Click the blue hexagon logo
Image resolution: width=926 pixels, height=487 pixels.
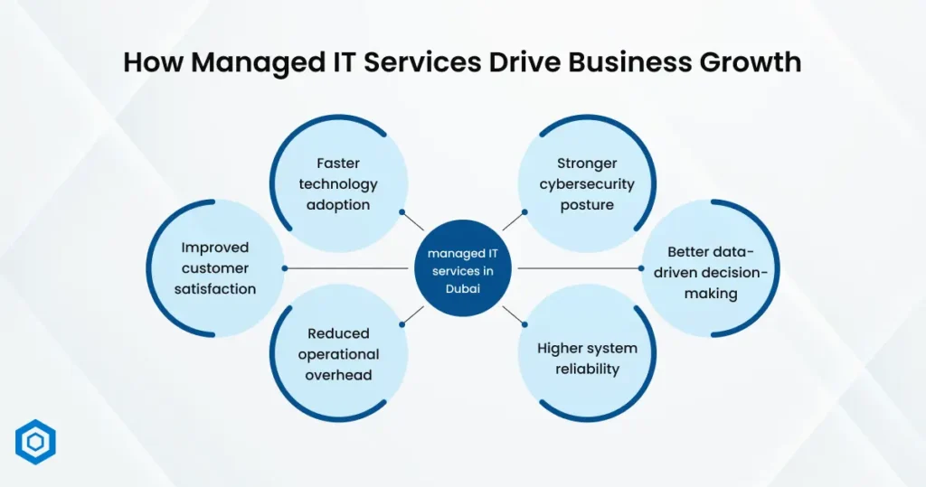pos(35,443)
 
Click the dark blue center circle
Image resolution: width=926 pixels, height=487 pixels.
pos(464,268)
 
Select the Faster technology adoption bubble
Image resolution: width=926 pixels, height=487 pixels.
pos(338,184)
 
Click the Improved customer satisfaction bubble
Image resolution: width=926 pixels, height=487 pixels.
pos(215,268)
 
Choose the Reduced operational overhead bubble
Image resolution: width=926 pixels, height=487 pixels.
pos(338,353)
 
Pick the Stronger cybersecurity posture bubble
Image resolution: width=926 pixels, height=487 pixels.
pos(587,184)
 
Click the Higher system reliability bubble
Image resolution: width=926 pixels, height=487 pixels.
pos(587,358)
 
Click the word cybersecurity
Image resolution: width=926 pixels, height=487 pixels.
pos(587,184)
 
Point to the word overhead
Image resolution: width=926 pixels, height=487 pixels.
pos(338,375)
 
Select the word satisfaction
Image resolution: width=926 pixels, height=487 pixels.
pos(215,289)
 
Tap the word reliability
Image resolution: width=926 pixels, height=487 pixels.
pos(587,369)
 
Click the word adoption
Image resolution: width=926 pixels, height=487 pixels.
pos(338,205)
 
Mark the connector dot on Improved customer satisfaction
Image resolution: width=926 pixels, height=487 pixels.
pos(285,268)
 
